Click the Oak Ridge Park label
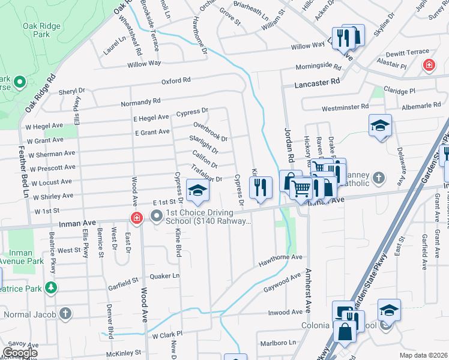[43, 30]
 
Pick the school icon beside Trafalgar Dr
[196, 191]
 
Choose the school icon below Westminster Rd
[380, 125]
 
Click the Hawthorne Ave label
[280, 257]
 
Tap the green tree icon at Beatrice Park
[52, 289]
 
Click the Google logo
[20, 352]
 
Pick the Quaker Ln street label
[167, 276]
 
